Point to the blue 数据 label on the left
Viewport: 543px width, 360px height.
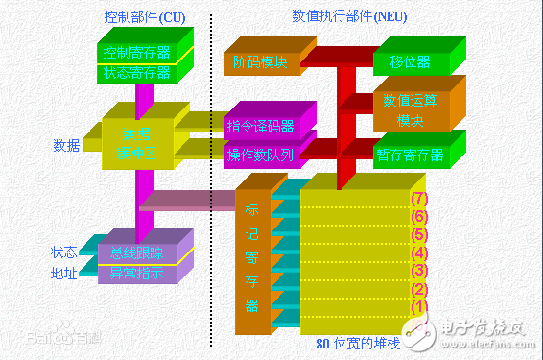pos(66,146)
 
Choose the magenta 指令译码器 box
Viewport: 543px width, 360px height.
pos(260,127)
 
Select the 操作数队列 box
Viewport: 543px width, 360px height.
pos(260,155)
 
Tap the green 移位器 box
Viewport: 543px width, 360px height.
pos(410,62)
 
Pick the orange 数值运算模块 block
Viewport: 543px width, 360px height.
pos(410,108)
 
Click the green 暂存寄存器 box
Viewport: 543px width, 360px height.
pos(410,155)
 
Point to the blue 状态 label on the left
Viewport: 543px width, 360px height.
pos(63,252)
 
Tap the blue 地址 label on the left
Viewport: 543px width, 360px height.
pos(63,273)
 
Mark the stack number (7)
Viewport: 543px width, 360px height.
pos(417,199)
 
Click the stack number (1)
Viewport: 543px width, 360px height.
pos(417,307)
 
